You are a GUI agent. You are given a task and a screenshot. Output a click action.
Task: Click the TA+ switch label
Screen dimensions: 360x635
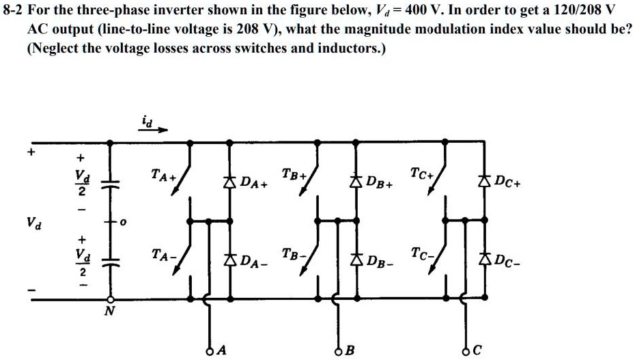(164, 177)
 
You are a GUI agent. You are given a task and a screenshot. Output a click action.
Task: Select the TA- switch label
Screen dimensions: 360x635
(164, 255)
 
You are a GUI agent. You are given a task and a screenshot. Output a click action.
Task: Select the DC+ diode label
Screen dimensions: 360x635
(509, 182)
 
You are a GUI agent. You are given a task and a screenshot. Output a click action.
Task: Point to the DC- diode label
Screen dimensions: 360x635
(509, 260)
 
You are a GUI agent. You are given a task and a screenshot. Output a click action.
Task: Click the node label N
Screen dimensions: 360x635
(107, 311)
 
